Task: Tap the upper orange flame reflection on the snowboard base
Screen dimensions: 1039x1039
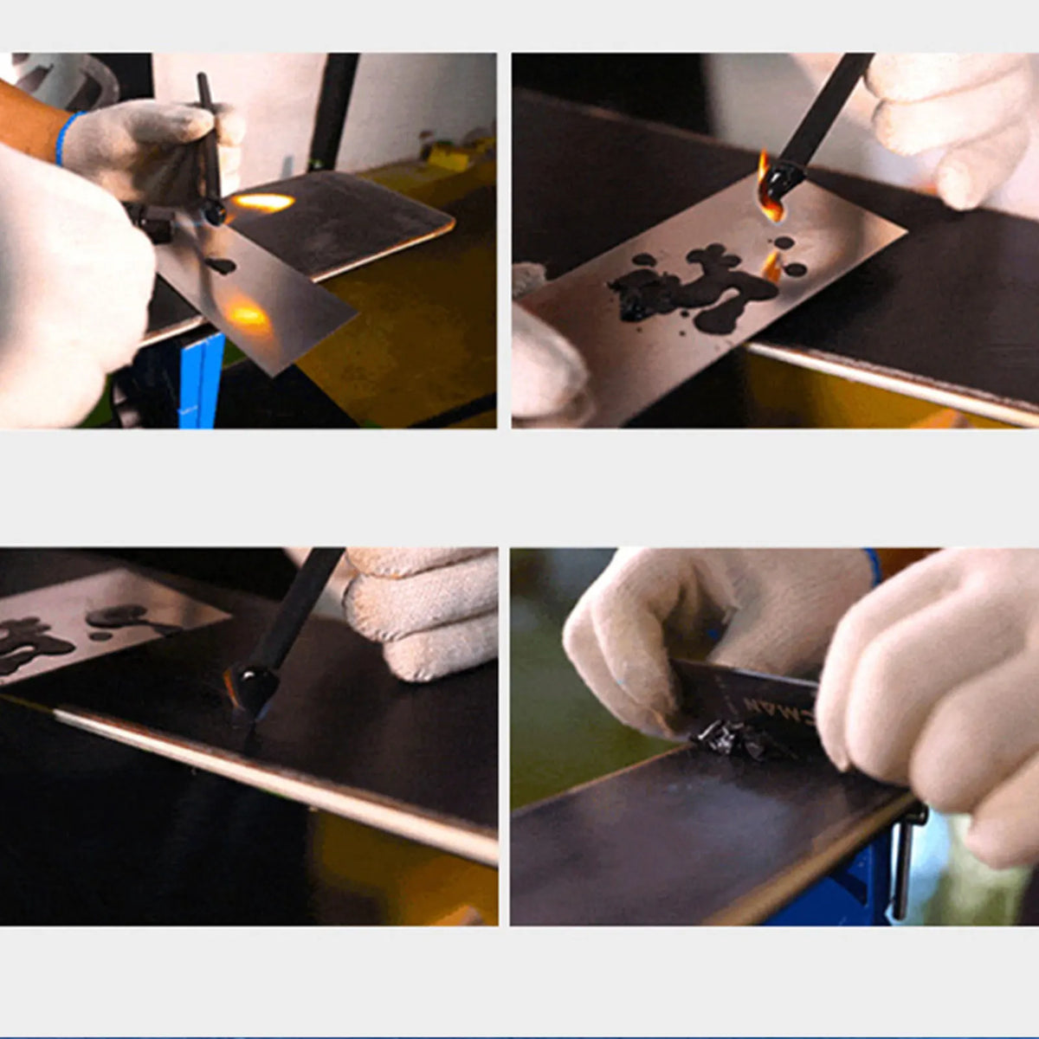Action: [263, 203]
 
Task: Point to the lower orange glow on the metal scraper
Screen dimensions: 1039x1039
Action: [248, 315]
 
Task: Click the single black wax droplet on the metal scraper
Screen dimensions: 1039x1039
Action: [220, 266]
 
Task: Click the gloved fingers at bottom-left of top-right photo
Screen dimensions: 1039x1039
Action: [545, 364]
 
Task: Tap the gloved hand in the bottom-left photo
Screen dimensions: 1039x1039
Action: [424, 610]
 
